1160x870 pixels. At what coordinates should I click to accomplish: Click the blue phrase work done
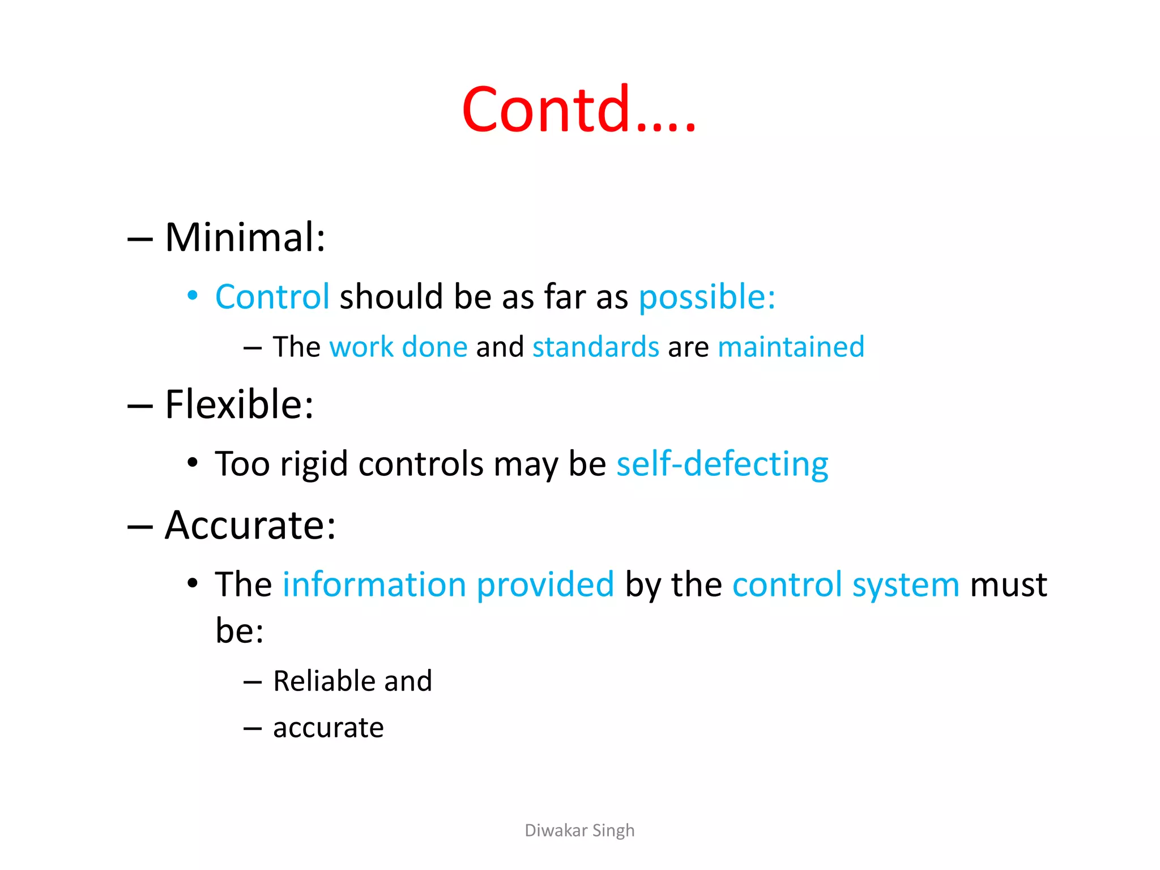tap(398, 347)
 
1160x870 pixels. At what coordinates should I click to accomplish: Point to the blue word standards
tap(596, 347)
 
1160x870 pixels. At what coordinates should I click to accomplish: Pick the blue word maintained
tap(791, 347)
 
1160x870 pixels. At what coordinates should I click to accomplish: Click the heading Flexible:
tap(239, 404)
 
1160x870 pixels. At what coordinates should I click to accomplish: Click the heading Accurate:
tap(250, 525)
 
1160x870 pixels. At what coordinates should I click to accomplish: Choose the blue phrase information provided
tap(448, 585)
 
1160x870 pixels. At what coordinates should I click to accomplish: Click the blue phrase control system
tap(846, 585)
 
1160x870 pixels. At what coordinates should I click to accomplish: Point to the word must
tap(1008, 585)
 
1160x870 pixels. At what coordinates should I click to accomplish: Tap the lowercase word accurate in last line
tap(328, 728)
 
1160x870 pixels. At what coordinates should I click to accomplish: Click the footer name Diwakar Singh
tap(579, 830)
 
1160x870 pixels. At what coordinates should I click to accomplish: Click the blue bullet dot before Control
tap(193, 295)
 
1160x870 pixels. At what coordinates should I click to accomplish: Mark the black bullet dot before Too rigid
tap(193, 462)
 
